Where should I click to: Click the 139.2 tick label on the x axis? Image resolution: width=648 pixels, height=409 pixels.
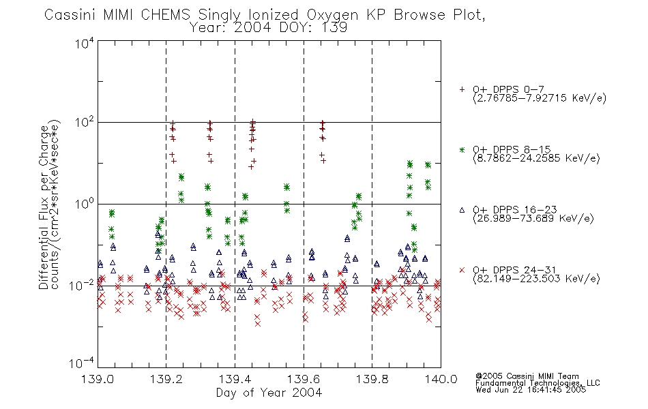tap(166, 379)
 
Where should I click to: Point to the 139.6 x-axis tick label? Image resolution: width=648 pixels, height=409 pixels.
tap(304, 379)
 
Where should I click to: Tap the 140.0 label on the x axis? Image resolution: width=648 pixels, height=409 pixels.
tap(441, 379)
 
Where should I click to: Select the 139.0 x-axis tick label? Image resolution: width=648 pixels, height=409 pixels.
tap(98, 379)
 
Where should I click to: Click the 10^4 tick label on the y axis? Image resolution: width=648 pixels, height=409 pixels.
tap(85, 44)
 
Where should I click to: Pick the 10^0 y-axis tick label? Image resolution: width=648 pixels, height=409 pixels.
tap(85, 204)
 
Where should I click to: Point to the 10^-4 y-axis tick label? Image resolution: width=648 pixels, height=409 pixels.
tap(82, 363)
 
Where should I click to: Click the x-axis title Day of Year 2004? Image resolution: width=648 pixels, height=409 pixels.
tap(269, 393)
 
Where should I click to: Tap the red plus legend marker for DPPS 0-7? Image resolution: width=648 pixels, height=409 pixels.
tap(462, 89)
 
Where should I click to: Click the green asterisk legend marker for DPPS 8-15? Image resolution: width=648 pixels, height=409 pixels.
tap(462, 149)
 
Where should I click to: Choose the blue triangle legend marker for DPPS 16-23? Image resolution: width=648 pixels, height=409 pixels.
tap(462, 210)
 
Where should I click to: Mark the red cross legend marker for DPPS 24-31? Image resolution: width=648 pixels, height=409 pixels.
tap(462, 270)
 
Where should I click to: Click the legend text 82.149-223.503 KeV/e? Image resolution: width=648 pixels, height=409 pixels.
tap(536, 279)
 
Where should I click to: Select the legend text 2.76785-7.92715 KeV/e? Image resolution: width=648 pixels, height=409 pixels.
tap(540, 98)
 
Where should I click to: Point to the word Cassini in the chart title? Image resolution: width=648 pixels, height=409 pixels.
tap(71, 15)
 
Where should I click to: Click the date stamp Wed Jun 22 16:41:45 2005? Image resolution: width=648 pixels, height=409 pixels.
tap(531, 390)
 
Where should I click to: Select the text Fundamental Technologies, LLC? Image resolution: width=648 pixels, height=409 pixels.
tap(537, 383)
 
